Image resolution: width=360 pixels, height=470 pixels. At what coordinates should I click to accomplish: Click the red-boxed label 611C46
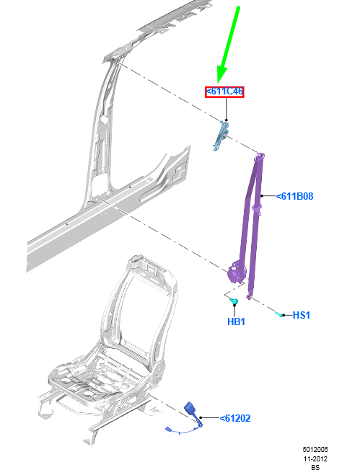point(224,92)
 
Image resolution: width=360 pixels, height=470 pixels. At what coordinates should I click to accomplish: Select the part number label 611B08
point(297,195)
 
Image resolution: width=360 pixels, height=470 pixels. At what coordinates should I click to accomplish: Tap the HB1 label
point(236,322)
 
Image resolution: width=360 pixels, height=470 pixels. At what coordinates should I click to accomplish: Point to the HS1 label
point(301,316)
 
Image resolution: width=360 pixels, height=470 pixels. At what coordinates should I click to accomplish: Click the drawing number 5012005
point(315,448)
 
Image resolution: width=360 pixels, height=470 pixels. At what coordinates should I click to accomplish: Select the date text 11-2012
point(315,458)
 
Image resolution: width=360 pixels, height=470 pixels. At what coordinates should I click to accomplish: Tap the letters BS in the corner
point(315,467)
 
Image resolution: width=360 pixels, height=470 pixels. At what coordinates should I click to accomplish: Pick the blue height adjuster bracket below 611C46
point(221,136)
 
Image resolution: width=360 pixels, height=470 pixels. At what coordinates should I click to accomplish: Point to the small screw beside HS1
point(278,313)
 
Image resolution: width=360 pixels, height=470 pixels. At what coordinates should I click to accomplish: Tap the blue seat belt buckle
point(193,409)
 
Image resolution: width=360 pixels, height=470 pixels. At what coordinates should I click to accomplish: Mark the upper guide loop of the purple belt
point(260,156)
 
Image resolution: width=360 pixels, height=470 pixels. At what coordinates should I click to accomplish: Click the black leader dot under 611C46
point(226,119)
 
